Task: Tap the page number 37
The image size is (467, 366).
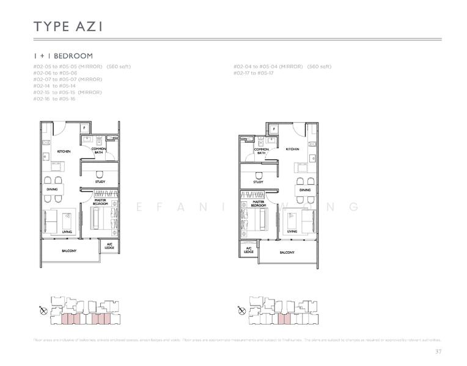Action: (x=438, y=351)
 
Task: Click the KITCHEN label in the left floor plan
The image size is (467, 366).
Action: (x=64, y=151)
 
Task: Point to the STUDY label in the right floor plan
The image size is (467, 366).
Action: (x=258, y=182)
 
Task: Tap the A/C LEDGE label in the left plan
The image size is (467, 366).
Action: (x=110, y=246)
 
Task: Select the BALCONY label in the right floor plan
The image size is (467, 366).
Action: (x=287, y=252)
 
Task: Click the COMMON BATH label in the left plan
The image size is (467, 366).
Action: (x=99, y=151)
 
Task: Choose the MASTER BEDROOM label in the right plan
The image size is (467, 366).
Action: (x=258, y=204)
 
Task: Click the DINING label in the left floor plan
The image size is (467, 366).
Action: (x=52, y=190)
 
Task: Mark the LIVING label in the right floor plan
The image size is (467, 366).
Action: (x=292, y=232)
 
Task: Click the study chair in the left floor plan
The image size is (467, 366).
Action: (x=100, y=174)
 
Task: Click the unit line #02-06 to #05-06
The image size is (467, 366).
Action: (x=55, y=73)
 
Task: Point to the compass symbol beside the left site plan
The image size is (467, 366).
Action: (x=43, y=310)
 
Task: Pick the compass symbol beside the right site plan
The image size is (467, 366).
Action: (x=241, y=310)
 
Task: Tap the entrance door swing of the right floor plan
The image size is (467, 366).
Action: (x=300, y=130)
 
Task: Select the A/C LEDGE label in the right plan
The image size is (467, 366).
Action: (x=249, y=249)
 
